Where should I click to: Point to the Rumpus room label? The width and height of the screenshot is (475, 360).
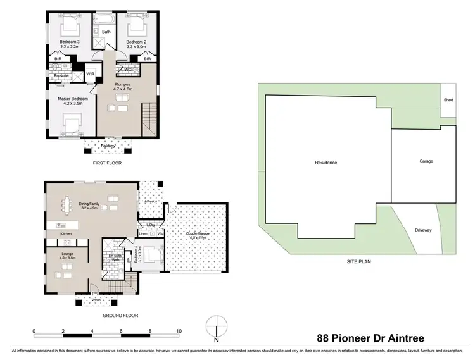click(x=123, y=87)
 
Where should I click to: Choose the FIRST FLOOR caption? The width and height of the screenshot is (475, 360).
click(x=106, y=163)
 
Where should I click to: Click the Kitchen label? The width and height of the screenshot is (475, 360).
click(x=66, y=234)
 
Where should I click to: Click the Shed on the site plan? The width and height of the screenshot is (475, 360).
click(x=448, y=100)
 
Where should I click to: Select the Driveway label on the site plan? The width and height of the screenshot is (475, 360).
click(x=423, y=230)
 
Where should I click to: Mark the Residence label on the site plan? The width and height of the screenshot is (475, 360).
click(x=326, y=163)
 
